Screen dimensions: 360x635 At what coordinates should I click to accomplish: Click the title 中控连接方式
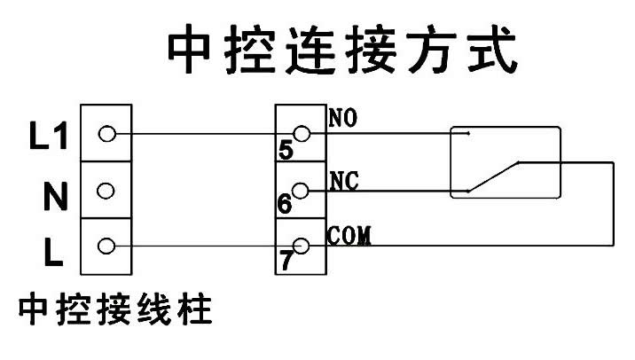tap(342, 52)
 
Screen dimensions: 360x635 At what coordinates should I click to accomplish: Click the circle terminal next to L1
tap(107, 135)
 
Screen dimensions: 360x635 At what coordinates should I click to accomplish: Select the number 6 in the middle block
tap(284, 204)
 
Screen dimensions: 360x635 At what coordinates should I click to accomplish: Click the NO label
tap(341, 117)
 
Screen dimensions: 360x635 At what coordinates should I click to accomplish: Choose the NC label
tap(341, 181)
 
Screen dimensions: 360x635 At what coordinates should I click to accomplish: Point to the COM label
tap(348, 236)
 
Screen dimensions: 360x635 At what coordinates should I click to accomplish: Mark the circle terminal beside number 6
tap(302, 190)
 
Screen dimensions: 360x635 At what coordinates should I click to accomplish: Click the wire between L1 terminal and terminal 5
tap(204, 135)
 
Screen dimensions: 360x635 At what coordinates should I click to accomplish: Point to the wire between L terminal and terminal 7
tap(204, 246)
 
